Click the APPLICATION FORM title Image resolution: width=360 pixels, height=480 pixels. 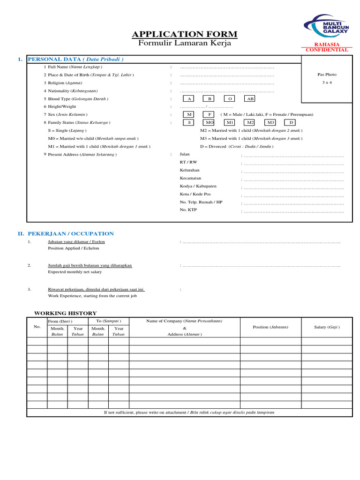[185, 34]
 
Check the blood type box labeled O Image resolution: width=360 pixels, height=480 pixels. [230, 99]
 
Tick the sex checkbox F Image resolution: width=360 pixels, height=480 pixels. [210, 114]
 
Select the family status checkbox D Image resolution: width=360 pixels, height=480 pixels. [291, 122]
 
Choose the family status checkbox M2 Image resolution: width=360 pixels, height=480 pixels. [250, 122]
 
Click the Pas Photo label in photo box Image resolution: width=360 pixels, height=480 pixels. [327, 75]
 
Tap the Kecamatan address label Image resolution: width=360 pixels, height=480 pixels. [190, 178]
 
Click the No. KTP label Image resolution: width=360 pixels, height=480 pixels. [188, 210]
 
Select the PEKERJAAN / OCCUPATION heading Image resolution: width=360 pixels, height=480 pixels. [71, 233]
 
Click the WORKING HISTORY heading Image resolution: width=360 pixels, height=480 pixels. [66, 313]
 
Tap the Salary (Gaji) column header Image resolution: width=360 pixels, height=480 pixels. [327, 327]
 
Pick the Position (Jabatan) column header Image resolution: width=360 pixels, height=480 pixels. [270, 327]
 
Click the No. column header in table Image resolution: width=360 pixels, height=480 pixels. [37, 326]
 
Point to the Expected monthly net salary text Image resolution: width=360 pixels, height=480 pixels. [75, 272]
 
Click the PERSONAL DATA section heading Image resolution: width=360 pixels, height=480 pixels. [76, 60]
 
